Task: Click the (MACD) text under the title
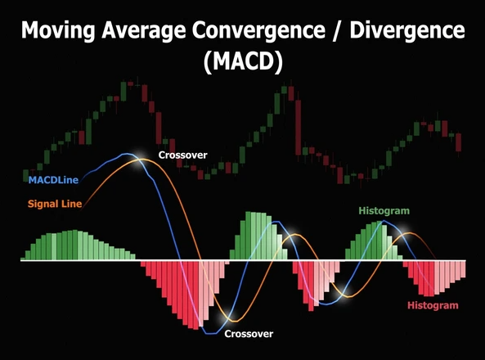tap(241, 64)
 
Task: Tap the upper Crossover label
tap(182, 154)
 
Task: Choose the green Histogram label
tap(384, 211)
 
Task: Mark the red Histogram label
tap(433, 304)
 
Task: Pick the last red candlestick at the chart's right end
tap(459, 142)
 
